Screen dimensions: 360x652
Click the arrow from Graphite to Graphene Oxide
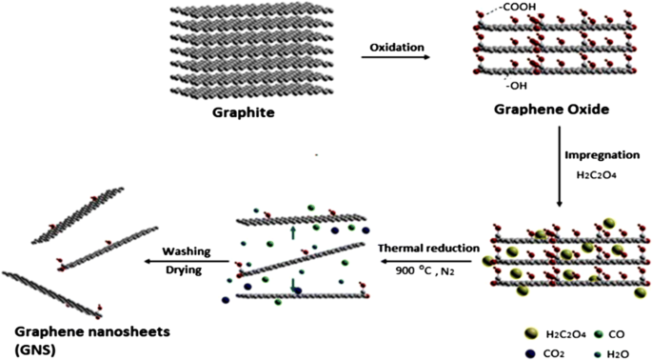pos(394,59)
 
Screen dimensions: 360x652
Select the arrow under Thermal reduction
pos(428,260)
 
